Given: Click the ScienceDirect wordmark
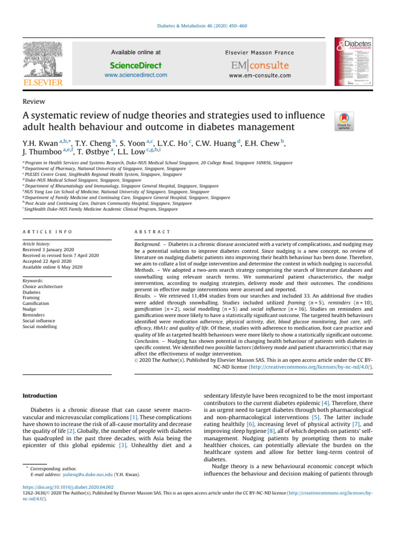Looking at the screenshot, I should pos(136,66).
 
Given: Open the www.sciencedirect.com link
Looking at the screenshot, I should pos(136,75).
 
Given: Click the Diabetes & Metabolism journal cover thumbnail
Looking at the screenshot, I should pos(357,61).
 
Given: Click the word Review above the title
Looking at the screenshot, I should pos(33,102).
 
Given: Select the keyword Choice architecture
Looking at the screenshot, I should pos(43,286).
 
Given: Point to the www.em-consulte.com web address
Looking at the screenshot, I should pos(260,76).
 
